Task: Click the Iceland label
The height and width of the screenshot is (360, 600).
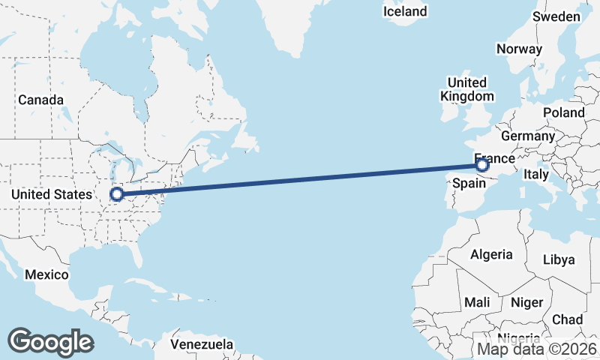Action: [x=404, y=11]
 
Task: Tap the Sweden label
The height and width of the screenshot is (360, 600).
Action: [x=556, y=16]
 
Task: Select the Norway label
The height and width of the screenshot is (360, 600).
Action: [x=519, y=49]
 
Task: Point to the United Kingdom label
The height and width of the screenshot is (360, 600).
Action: [x=467, y=89]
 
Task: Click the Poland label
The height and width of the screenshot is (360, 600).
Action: [x=565, y=112]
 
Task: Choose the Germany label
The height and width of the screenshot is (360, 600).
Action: [x=527, y=136]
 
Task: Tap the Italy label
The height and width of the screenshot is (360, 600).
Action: [x=536, y=174]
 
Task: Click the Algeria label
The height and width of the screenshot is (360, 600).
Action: [x=491, y=254]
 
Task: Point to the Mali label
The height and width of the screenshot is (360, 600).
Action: [x=477, y=302]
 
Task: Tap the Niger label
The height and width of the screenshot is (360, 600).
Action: [x=526, y=302]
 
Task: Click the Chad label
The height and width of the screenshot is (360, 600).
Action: [x=567, y=319]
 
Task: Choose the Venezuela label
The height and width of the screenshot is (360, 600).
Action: [x=202, y=345]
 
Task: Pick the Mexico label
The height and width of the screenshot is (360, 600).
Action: [x=46, y=274]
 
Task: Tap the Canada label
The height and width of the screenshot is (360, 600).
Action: [x=40, y=100]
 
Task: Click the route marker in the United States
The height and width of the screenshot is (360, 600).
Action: [x=116, y=194]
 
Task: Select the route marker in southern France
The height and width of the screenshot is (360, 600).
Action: [x=482, y=163]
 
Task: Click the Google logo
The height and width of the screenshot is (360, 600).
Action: [x=50, y=341]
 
